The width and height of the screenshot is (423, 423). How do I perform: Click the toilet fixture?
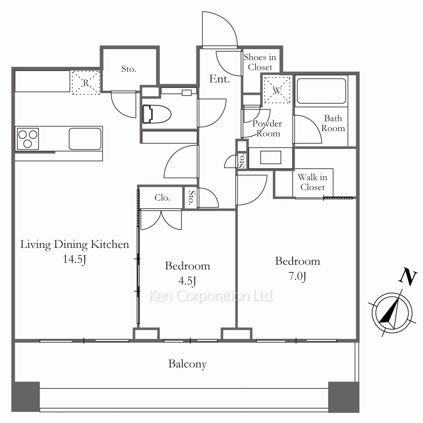157,114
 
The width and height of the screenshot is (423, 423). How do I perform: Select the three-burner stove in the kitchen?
28,139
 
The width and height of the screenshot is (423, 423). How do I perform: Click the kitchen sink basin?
85,139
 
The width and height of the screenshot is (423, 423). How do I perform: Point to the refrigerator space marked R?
86,82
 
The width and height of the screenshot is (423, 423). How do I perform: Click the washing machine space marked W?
277,91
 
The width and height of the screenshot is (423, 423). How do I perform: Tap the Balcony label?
187,364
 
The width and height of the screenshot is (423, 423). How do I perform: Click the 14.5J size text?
74,259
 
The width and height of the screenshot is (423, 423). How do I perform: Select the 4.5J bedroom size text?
187,281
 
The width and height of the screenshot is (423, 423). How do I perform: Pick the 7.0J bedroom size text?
297,276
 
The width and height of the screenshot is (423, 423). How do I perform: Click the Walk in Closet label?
313,182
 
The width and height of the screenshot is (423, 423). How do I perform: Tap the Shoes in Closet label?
260,62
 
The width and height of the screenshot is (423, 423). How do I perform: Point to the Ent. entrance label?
219,79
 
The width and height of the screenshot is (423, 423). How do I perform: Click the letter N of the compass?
408,277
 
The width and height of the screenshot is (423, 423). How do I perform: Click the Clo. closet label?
162,198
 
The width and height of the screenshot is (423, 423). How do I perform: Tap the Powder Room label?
267,129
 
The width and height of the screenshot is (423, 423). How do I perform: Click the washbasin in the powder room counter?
271,157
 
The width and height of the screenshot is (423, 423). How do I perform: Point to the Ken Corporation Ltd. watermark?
211,296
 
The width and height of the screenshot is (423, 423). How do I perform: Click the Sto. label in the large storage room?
129,69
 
